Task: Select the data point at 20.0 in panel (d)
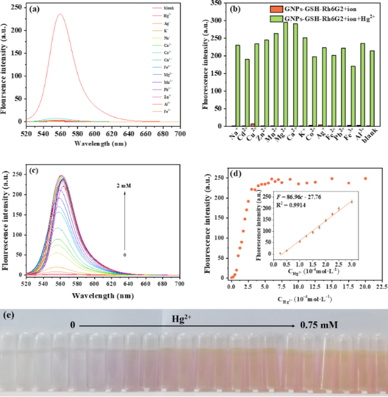click(x=366, y=179)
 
